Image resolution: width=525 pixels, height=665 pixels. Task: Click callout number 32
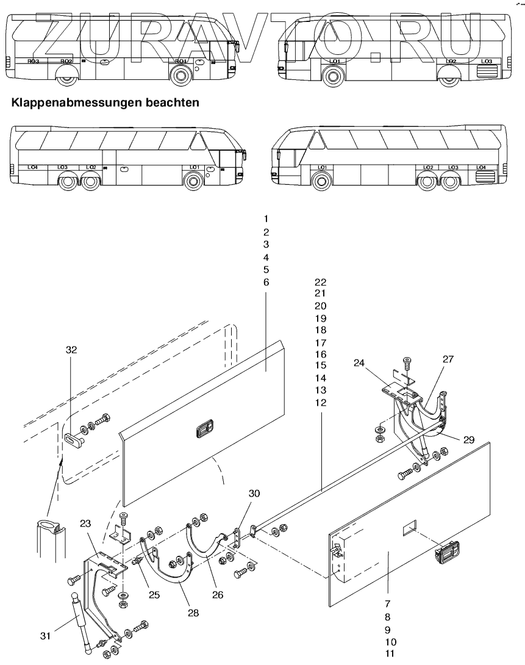pyautogui.click(x=72, y=350)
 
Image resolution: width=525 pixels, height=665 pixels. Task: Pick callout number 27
pyautogui.click(x=448, y=359)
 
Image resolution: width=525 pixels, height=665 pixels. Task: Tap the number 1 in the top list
pyautogui.click(x=266, y=218)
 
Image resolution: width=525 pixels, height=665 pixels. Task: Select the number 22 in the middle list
pyautogui.click(x=321, y=282)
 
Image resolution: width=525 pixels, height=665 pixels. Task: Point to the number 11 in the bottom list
pyautogui.click(x=388, y=653)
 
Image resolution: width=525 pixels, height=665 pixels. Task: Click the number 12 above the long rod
pyautogui.click(x=321, y=403)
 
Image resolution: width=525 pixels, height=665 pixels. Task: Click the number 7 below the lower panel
pyautogui.click(x=388, y=603)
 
